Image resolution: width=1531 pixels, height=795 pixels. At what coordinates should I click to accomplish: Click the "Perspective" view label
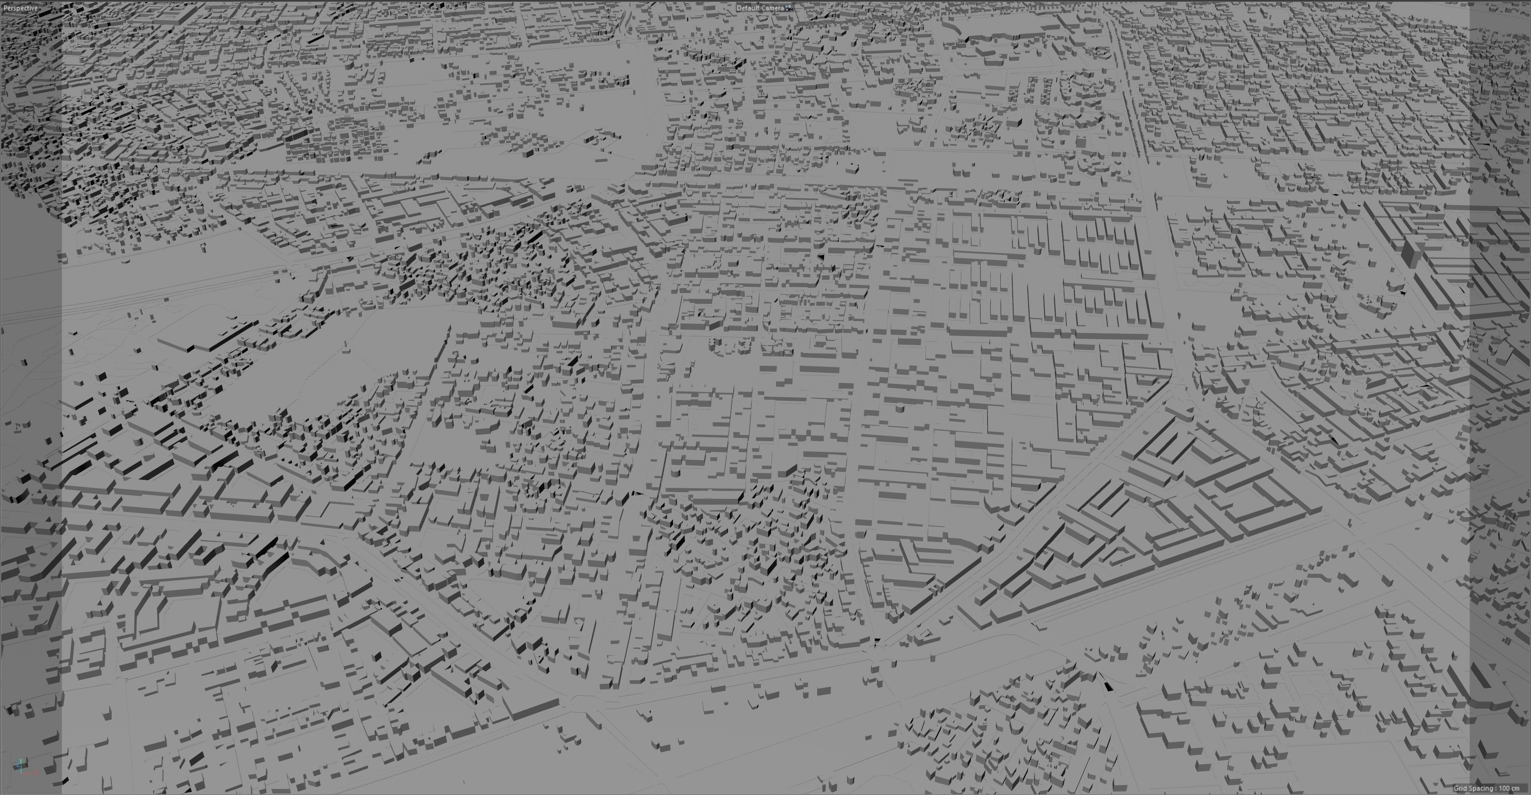[20, 8]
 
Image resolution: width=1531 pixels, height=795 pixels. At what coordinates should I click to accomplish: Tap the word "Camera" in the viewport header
[772, 8]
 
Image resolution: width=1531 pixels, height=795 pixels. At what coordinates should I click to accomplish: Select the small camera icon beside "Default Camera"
[789, 8]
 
